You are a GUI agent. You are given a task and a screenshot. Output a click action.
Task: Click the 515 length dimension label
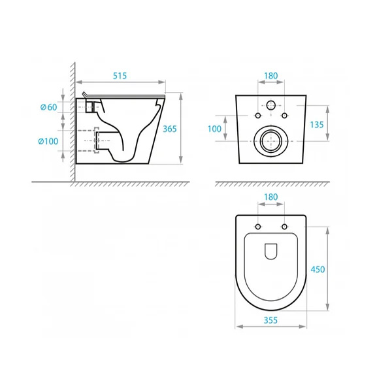coord(120,76)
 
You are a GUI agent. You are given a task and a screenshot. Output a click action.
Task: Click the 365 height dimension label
coord(169,129)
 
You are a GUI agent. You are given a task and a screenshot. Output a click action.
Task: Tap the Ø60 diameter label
coord(49,107)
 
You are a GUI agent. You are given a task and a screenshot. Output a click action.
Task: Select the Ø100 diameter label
coord(48,141)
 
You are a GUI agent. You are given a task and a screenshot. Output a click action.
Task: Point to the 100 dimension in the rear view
coord(214,129)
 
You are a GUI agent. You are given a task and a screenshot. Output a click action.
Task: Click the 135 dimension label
coord(317,125)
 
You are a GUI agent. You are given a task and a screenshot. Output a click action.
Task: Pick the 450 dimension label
coord(318,269)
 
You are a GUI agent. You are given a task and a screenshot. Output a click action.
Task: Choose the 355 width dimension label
coord(270,320)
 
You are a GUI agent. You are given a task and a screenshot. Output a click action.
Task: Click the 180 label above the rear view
coord(271,76)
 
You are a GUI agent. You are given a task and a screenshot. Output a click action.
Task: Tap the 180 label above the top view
coord(271,197)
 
